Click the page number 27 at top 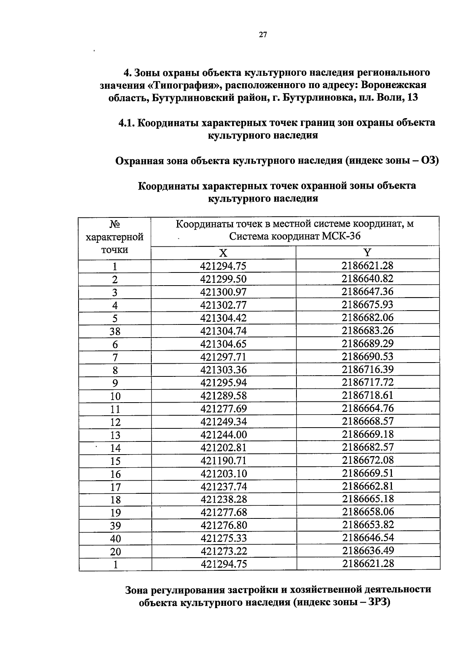[263, 35]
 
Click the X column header [223, 253]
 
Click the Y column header [368, 252]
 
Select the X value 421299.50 [223, 279]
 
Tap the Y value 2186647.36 [368, 291]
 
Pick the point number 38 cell [115, 331]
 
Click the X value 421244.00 [224, 435]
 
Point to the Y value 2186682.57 [368, 447]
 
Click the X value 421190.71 [224, 460]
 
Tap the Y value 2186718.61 [368, 395]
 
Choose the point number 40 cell [115, 538]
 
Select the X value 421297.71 [223, 357]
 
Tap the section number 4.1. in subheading [127, 123]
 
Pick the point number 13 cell [115, 435]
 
